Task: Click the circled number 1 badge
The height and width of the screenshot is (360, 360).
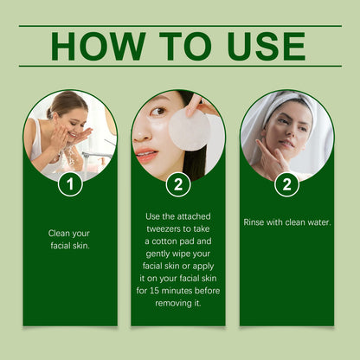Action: coord(70,184)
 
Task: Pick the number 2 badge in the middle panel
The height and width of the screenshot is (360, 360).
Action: coord(178,184)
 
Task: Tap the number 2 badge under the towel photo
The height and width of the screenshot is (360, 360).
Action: coord(286,184)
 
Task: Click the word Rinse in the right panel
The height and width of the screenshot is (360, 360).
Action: coord(256,222)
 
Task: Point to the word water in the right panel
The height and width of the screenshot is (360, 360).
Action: coord(316,222)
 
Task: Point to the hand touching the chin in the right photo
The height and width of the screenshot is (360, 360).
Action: coord(273,160)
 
